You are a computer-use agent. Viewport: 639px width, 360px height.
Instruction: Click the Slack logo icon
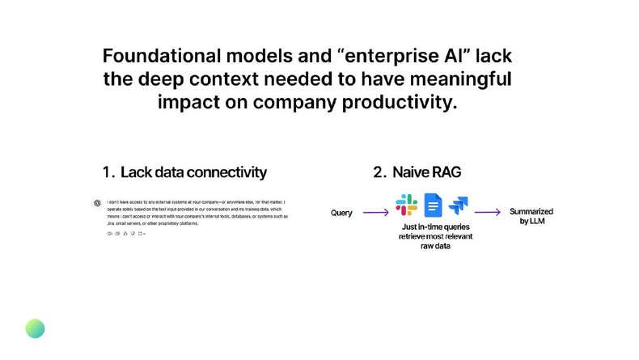pos(406,205)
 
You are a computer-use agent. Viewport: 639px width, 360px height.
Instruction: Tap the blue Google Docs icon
pos(433,205)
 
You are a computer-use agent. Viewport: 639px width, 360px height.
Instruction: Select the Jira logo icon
pos(459,205)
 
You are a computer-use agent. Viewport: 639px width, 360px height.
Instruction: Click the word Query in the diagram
pos(342,213)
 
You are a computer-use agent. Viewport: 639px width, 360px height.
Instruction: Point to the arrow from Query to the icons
pos(375,213)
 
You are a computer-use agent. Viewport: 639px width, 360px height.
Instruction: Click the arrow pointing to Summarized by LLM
pos(487,213)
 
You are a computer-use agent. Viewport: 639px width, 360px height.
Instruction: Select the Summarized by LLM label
pos(531,216)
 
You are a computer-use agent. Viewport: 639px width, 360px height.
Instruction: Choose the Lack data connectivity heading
pos(193,172)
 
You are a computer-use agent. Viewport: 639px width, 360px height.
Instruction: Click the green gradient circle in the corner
pos(35,328)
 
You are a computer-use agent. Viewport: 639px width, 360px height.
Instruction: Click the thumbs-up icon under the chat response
pos(125,233)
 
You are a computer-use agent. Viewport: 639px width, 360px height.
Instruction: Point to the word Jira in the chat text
pos(111,222)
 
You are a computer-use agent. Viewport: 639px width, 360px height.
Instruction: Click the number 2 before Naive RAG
pos(378,172)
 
